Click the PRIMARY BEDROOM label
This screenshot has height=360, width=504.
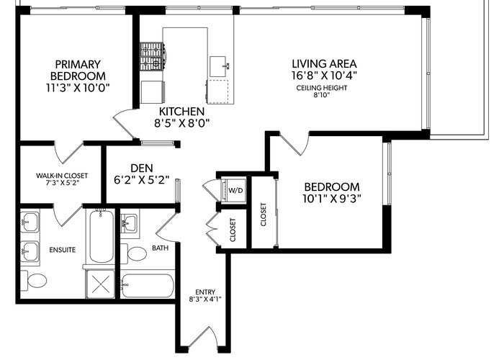tap(78, 70)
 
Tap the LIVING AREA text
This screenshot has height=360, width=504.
tap(324, 63)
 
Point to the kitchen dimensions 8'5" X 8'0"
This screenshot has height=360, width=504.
tap(181, 123)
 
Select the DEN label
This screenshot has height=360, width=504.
tap(142, 168)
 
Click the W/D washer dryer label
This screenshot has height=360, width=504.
tap(235, 190)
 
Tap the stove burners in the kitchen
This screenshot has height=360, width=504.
tap(152, 57)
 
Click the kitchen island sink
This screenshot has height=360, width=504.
tap(218, 66)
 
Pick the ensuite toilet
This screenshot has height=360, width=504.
tap(34, 281)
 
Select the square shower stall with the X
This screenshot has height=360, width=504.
tap(100, 284)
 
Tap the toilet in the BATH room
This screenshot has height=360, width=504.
tap(134, 253)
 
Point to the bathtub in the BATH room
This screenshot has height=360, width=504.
tap(148, 286)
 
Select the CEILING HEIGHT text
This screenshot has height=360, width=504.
tap(322, 88)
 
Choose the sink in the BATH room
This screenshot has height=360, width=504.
tap(129, 222)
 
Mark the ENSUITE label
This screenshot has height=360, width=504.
tap(63, 250)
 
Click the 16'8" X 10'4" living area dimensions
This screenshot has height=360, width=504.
tap(324, 75)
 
